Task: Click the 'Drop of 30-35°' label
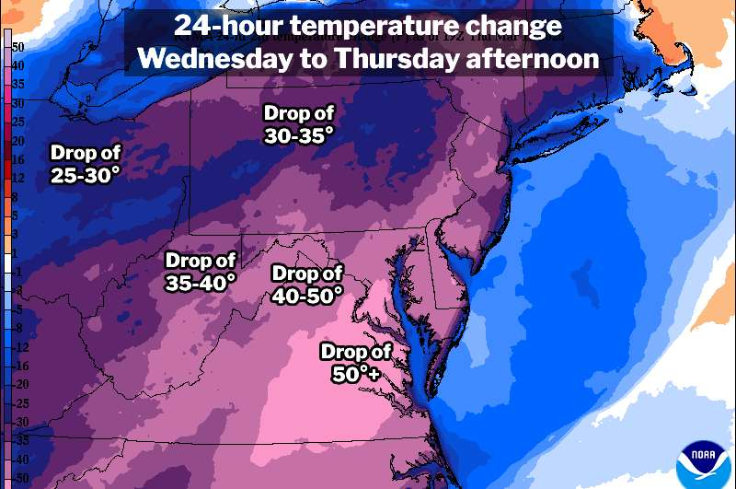click(299, 124)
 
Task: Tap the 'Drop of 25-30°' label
click(85, 163)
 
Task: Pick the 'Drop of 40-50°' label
click(307, 284)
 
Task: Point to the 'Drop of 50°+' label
click(356, 362)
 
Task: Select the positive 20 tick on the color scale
click(18, 142)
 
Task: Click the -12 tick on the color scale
click(20, 347)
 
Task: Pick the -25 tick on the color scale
click(20, 403)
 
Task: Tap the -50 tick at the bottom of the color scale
click(20, 480)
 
